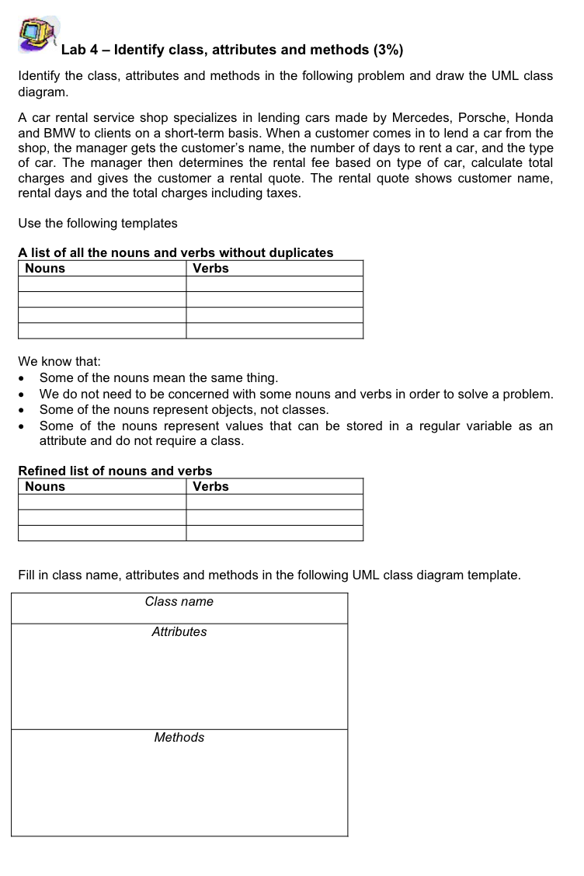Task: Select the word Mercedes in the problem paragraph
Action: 420,118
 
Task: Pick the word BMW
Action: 59,133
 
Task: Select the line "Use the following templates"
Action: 98,224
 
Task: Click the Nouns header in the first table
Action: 45,269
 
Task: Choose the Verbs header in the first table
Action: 210,269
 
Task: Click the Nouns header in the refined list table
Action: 45,487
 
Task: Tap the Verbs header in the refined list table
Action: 210,487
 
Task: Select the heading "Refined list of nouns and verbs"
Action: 115,471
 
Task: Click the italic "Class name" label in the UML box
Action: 179,602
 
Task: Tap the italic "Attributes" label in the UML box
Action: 179,632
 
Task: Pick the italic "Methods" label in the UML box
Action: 179,738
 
